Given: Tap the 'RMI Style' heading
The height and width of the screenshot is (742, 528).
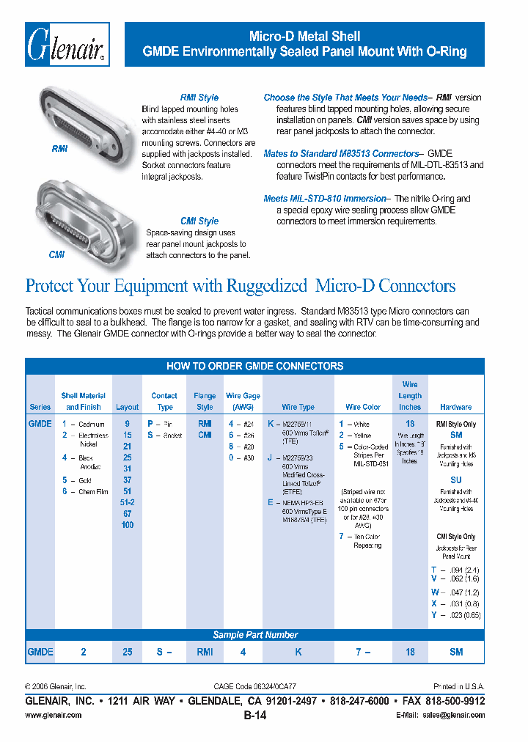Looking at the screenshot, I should coord(199,98).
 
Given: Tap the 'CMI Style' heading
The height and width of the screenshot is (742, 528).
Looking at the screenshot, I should coord(199,221).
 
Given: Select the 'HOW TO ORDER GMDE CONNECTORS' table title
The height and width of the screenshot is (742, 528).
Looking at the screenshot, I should coord(254,366).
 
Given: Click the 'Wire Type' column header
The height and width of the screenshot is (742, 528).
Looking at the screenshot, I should coord(298,407).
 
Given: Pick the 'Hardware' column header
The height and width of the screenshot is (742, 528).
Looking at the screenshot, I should coord(455,407).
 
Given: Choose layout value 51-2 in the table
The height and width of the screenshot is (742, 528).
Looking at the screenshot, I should coord(127,502).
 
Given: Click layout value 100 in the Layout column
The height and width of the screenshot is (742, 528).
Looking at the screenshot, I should coord(127,525).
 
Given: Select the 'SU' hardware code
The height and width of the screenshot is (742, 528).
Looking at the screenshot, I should coord(455,480).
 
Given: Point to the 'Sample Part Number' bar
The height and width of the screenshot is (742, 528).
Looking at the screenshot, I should coord(254,635).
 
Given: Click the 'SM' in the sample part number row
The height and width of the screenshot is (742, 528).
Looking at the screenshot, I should coord(456,652).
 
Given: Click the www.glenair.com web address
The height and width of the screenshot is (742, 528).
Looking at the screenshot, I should coord(54,715).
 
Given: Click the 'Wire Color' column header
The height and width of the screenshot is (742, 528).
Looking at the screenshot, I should coord(363,407).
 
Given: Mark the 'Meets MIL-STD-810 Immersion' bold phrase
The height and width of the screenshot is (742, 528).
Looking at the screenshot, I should coord(324,199).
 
